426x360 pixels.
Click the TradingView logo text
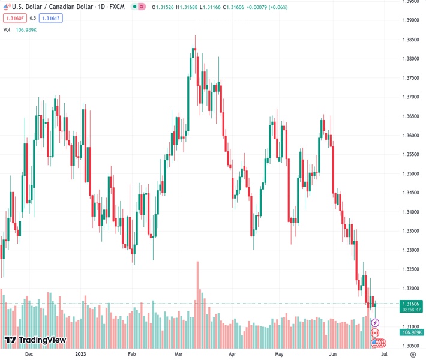[42, 340]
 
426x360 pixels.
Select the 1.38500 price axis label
[412, 40]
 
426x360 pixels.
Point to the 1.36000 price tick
[412, 136]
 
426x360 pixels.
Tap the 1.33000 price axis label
[412, 250]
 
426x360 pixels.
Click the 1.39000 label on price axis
[412, 20]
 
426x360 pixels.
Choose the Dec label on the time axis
[29, 354]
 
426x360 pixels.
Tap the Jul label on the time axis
[385, 354]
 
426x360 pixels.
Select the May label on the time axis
[279, 354]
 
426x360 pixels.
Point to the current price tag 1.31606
[412, 304]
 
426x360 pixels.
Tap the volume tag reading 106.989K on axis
[412, 332]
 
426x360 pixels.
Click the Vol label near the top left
[7, 29]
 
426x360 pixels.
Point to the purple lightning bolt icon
[376, 323]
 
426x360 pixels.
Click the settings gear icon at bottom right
[412, 354]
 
